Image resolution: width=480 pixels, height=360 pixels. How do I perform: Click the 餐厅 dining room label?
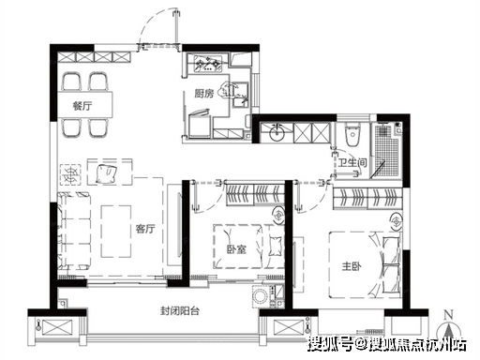point(82,106)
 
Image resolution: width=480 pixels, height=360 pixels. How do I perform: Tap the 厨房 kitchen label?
point(204,93)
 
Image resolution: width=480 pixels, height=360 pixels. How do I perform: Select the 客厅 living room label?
point(145,229)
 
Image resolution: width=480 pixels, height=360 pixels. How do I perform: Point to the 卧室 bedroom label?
point(236,249)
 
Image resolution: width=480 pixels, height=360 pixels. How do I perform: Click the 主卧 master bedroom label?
point(352,266)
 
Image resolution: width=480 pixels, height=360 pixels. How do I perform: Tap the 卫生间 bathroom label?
point(352,162)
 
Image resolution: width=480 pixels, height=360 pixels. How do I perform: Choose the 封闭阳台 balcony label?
point(180,311)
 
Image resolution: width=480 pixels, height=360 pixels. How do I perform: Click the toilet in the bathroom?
point(352,134)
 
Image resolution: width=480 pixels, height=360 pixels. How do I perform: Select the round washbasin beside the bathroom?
point(277,132)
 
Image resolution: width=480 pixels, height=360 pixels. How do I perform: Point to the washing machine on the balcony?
point(260,295)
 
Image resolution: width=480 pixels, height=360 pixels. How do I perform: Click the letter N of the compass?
point(449,315)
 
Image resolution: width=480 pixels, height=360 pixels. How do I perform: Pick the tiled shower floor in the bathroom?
point(386,152)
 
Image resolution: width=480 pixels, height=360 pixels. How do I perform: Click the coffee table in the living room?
point(116,232)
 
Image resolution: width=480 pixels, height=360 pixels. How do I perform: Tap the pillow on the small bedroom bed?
point(275,246)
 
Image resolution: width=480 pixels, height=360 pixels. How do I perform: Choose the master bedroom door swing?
point(312,200)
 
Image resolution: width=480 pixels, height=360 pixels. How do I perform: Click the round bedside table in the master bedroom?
point(397,222)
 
